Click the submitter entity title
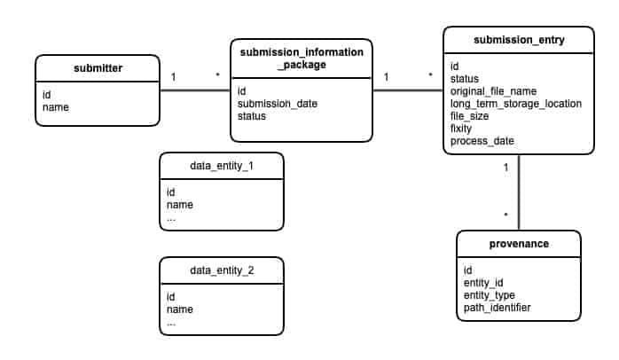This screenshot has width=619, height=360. [x=97, y=68]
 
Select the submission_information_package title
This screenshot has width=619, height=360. [x=302, y=59]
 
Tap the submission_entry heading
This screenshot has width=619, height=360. [x=518, y=40]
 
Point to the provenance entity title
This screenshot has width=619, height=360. [x=519, y=244]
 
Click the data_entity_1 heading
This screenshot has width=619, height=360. [x=221, y=166]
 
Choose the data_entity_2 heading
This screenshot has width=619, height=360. [x=221, y=270]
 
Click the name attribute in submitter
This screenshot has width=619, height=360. [x=56, y=108]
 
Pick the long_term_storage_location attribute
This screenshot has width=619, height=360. [x=516, y=104]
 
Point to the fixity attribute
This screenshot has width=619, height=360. [x=463, y=129]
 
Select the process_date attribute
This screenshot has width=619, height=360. [x=482, y=141]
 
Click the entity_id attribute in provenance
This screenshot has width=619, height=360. [x=484, y=282]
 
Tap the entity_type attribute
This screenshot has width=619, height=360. [x=490, y=294]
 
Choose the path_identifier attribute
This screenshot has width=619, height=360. [x=498, y=307]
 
